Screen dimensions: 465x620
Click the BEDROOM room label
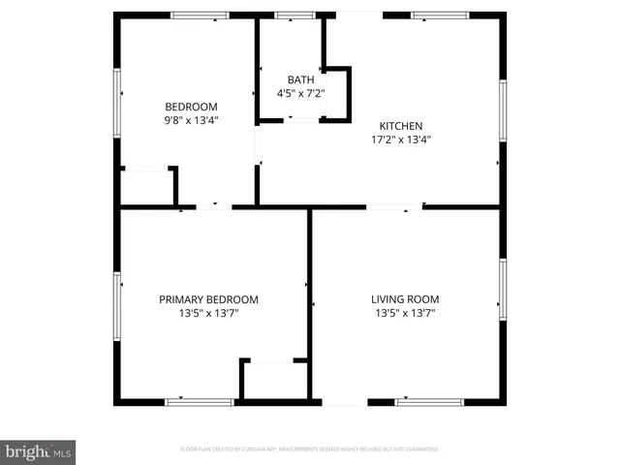tap(191, 107)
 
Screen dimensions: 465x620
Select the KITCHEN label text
tap(400, 126)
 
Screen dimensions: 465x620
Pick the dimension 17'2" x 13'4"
tap(400, 139)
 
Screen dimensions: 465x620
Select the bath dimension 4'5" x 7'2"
tap(298, 94)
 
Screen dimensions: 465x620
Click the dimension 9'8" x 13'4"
tap(191, 121)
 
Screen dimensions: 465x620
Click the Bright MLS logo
tap(39, 451)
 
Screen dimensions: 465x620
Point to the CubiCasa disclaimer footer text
tap(310, 449)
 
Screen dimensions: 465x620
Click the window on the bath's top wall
tap(295, 15)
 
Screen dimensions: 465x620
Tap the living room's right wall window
tap(502, 289)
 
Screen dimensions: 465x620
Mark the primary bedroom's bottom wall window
tap(199, 401)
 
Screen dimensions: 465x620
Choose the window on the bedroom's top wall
tap(200, 15)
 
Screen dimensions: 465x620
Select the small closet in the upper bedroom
tap(146, 185)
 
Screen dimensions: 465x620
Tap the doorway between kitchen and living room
tap(394, 206)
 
